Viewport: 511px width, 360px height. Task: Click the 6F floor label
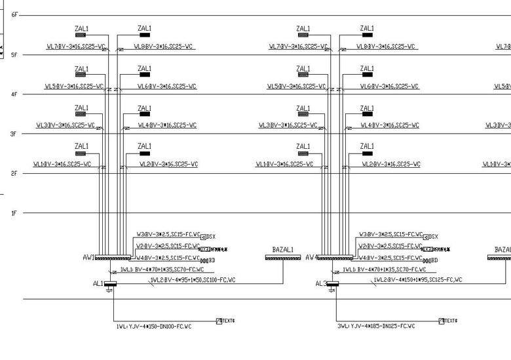point(14,14)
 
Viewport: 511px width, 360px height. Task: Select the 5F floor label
point(14,55)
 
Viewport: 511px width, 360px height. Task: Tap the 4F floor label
point(14,94)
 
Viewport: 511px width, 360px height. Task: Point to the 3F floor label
point(14,134)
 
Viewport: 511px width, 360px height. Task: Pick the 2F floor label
point(14,173)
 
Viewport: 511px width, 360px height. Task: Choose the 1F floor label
point(14,213)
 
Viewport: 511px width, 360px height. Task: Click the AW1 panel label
point(88,258)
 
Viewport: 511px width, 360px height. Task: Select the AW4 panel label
point(312,258)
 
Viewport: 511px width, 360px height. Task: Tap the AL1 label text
point(99,284)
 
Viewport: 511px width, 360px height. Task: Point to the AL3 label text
point(321,284)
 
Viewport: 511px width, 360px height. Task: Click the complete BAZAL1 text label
point(283,250)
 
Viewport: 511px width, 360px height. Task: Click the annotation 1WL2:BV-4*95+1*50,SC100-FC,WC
point(193,280)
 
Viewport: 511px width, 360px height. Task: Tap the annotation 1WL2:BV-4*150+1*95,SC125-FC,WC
point(417,280)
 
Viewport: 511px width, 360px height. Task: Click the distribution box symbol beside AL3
point(333,284)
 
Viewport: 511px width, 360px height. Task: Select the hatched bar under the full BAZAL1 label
point(283,258)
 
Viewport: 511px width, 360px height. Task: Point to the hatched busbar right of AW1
point(113,258)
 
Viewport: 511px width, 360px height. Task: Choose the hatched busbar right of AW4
point(335,258)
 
